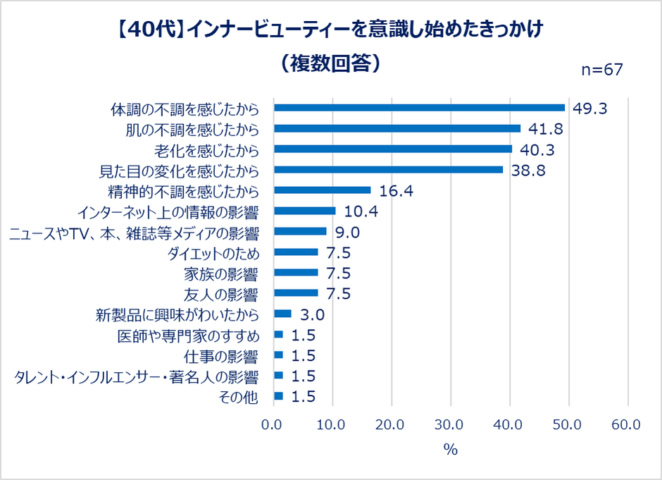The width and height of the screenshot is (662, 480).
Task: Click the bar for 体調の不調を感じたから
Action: coord(419,108)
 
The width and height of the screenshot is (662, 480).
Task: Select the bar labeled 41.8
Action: coord(397,128)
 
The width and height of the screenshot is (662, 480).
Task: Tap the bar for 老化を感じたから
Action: coord(393,149)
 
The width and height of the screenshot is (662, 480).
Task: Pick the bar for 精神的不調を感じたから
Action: coord(322,190)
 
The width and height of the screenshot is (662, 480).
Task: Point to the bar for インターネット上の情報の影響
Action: coord(304,211)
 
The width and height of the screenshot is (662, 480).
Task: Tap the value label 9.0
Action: coord(347,232)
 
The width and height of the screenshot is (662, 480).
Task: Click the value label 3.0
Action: coord(311,314)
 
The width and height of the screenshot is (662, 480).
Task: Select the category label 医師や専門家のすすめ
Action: coord(188,335)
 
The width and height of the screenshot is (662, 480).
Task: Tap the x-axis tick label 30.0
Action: coord(449,425)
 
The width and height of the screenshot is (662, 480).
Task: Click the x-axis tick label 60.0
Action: coord(626,425)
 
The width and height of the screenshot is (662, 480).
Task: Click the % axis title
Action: coord(450,450)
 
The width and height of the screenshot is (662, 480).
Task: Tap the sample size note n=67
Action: coord(601,69)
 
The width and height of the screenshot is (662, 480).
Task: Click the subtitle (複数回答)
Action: coord(330,63)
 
